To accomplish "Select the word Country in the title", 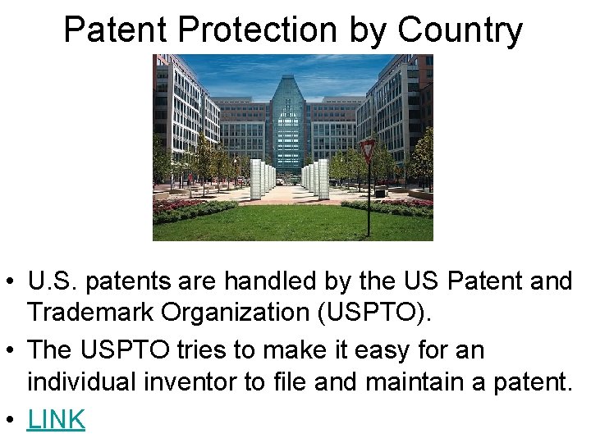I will [x=460, y=30].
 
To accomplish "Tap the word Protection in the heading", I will [x=257, y=30].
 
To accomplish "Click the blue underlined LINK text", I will [x=56, y=419].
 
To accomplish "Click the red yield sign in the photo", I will [x=367, y=151].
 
